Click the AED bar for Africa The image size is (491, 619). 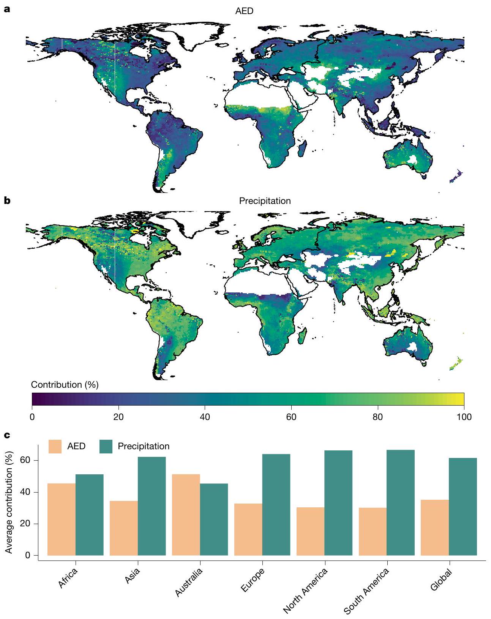(x=62, y=519)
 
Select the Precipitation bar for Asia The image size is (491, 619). (x=152, y=506)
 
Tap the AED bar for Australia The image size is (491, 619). (x=186, y=515)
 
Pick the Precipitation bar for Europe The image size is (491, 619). (x=276, y=505)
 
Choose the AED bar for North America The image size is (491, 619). (x=310, y=531)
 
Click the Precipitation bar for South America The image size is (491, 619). (x=401, y=502)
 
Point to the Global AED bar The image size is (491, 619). (x=435, y=527)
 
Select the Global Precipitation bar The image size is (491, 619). (x=463, y=507)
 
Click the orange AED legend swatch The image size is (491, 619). (x=55, y=446)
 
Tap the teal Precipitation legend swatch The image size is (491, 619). (x=106, y=446)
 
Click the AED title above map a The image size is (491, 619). (x=244, y=11)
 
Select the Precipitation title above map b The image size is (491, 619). (x=265, y=201)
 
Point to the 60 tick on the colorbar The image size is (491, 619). (x=291, y=417)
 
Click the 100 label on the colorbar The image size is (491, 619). (x=464, y=417)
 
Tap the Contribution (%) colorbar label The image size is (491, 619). (x=65, y=385)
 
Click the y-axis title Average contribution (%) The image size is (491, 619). (x=9, y=502)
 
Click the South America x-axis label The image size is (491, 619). (x=366, y=591)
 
